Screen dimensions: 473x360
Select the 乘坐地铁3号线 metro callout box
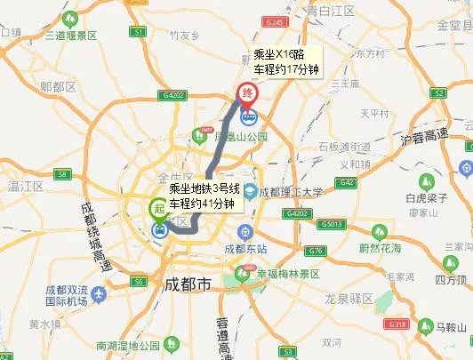205,196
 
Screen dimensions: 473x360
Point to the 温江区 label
27,186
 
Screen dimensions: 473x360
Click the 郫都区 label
58,87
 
